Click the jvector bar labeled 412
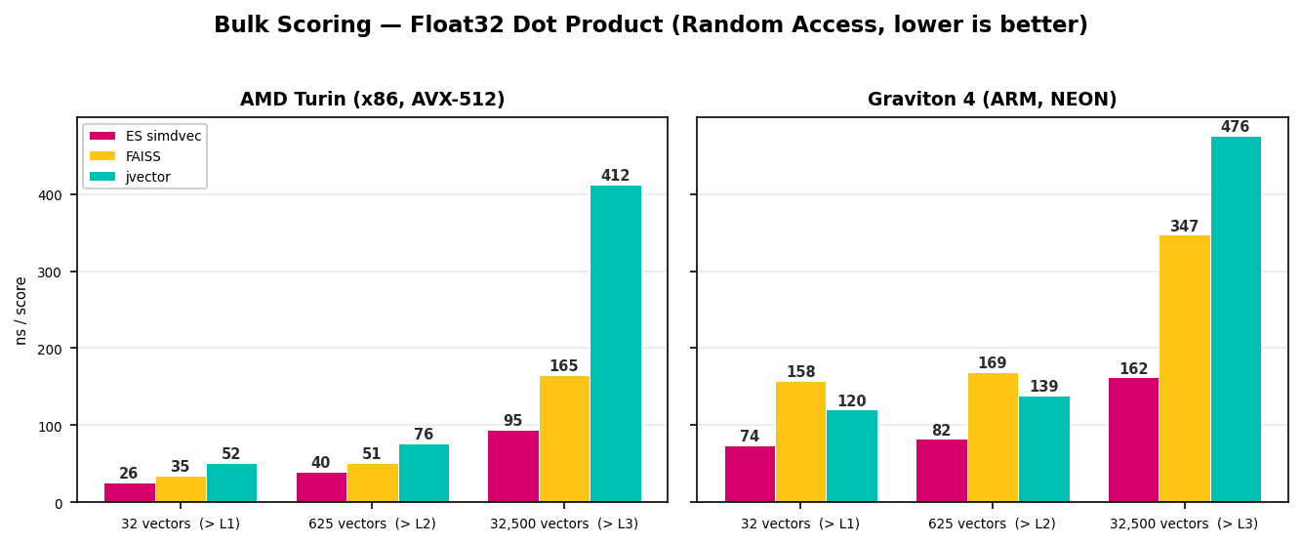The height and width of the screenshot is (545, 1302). click(615, 344)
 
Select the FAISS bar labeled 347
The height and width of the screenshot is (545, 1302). click(1184, 369)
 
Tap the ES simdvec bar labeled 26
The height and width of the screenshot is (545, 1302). click(129, 492)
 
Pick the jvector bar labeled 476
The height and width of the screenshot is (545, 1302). click(1236, 319)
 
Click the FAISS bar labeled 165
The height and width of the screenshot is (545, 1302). click(564, 439)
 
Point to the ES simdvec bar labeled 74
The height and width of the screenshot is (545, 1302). click(750, 474)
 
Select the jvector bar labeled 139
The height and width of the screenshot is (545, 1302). click(1043, 449)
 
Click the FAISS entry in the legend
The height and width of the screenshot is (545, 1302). click(142, 156)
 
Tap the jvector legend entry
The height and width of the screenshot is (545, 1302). click(147, 177)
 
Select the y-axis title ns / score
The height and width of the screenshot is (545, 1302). click(21, 310)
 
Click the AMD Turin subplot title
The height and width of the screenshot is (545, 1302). click(372, 100)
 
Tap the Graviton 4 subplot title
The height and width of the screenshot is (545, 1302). click(992, 100)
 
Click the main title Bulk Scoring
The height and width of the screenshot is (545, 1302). click(650, 25)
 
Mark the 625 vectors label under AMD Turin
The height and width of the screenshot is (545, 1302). click(372, 524)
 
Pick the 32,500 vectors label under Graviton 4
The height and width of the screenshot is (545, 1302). click(1183, 524)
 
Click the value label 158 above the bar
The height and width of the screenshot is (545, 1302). click(800, 372)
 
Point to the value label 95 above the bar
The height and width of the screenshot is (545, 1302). click(512, 421)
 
